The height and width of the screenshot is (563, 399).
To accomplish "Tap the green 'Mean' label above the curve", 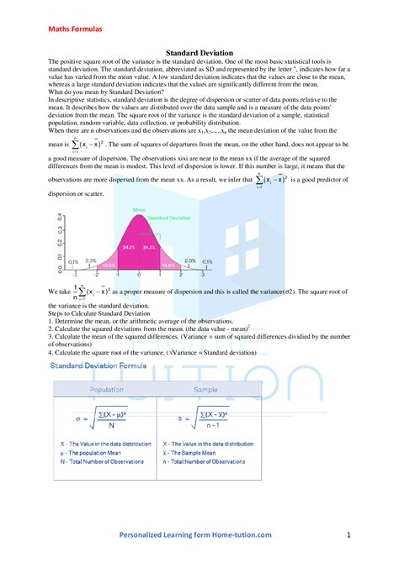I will (139, 210).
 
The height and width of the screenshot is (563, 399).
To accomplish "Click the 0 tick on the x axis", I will (139, 274).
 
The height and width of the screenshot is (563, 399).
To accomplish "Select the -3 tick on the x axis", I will (75, 274).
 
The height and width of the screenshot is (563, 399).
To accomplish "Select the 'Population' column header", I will (107, 389).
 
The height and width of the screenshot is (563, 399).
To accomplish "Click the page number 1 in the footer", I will (348, 534).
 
